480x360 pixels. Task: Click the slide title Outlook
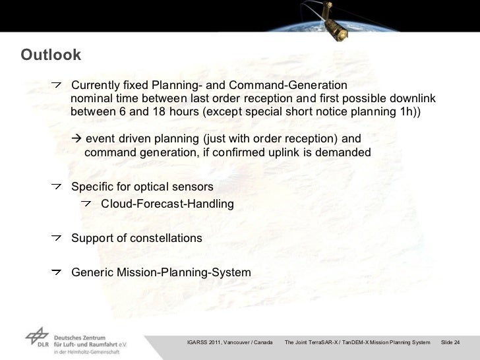51,54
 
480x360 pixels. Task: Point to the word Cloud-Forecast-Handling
167,204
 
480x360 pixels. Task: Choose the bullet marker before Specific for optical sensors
58,187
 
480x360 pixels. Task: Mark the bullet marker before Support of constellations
58,237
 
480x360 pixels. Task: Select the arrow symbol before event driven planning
76,140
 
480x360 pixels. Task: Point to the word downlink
410,99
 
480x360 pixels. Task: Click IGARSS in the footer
198,342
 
